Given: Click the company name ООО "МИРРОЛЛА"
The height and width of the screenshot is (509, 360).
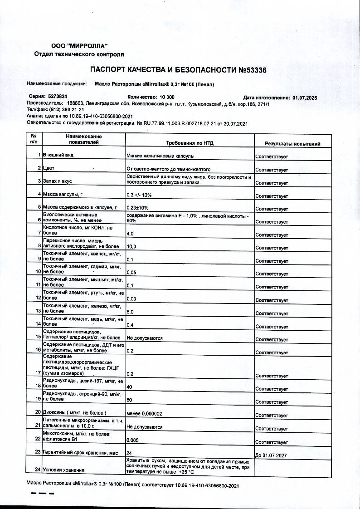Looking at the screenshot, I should pos(79,46).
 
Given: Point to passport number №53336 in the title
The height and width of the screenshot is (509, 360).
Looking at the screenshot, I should pos(252,70).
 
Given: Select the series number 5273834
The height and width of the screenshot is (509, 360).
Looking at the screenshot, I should pos(57,97).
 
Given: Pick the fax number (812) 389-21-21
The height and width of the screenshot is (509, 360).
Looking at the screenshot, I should pos(68,110).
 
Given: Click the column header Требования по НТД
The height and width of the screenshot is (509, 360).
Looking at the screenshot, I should pos(190,144).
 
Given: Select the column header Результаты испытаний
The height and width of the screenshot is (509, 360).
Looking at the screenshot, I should pos(292,144).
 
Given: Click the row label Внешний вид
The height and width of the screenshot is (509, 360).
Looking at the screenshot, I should pos(58,155).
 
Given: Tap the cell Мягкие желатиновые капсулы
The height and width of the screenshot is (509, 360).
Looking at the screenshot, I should pos(161,156).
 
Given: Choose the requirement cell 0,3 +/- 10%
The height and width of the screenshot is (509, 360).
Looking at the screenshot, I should pos(139,195).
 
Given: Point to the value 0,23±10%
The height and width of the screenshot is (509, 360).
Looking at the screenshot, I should pos(139,208).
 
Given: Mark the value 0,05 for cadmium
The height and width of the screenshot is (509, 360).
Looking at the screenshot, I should pos(131,274).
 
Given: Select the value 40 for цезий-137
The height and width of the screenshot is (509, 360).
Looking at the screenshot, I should pos(130,387).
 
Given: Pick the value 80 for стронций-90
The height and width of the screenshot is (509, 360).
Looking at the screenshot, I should pos(130,400).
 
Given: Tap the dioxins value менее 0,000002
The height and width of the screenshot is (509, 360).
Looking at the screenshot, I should pos(145,413).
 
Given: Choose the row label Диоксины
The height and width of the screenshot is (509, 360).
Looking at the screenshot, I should pos(74,413).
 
